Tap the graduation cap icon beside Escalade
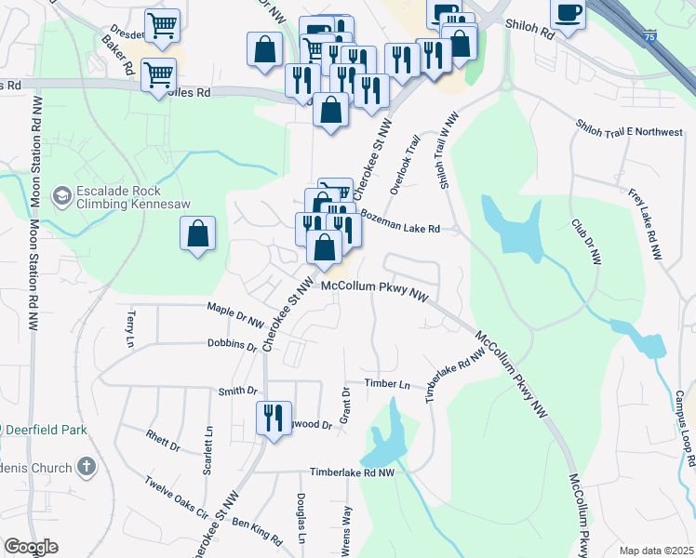point(61,195)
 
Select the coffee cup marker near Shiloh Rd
point(567,14)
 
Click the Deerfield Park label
point(47,431)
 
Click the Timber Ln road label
point(387,383)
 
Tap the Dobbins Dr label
point(232,344)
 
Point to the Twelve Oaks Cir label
point(177,497)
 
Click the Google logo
point(30,546)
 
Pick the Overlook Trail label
point(406,164)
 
